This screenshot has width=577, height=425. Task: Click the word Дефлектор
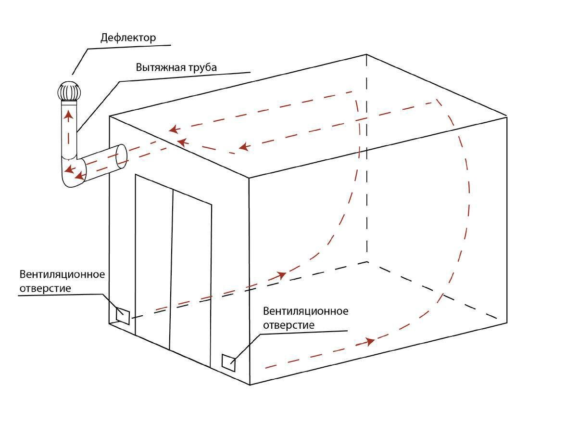[128, 38]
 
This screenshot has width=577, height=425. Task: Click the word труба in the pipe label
[203, 67]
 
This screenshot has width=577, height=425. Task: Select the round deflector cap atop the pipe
[68, 91]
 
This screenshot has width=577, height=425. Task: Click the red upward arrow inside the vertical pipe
[69, 116]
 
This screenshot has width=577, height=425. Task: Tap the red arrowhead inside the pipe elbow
[69, 169]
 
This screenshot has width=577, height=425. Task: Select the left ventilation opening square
[123, 316]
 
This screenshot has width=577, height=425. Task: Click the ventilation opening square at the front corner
[228, 362]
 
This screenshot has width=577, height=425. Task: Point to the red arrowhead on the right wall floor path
[369, 342]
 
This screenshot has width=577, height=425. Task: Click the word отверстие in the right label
[288, 325]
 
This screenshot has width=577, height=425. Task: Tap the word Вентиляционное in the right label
[306, 311]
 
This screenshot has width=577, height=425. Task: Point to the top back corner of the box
[367, 55]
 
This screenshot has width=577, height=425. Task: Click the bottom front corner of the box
[250, 385]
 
